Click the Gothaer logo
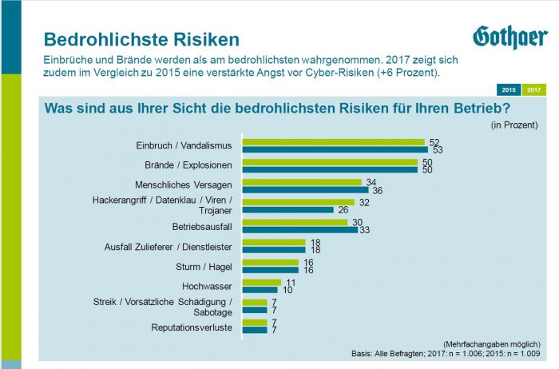[510, 37]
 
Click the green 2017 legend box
[533, 89]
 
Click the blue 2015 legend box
[508, 89]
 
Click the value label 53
[437, 149]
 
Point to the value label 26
[343, 210]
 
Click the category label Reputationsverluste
[192, 327]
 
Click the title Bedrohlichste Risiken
[141, 39]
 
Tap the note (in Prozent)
[513, 125]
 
